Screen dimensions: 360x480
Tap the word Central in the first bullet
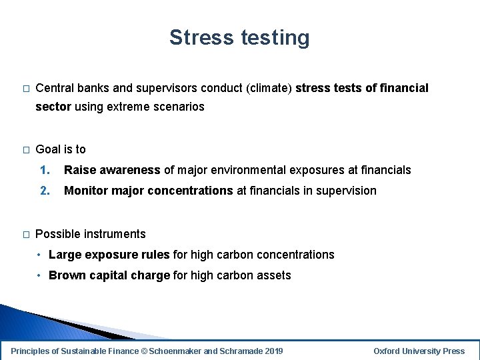coord(55,88)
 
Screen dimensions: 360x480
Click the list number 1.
coord(44,170)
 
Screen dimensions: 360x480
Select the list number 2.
coord(44,191)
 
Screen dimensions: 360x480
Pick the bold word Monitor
coord(86,191)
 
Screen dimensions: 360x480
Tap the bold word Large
coord(65,255)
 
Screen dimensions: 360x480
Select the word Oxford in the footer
coord(387,351)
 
